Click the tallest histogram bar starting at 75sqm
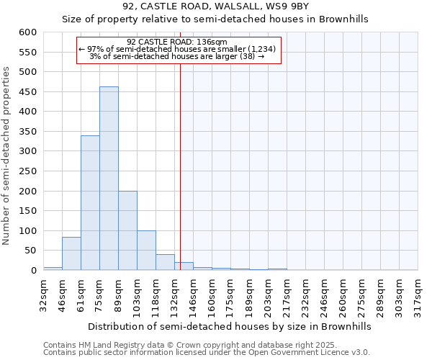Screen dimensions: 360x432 109,179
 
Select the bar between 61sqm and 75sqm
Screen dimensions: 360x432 90,203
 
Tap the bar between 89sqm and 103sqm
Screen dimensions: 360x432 127,230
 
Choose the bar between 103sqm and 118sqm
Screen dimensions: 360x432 146,251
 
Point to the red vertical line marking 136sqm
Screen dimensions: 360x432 180,166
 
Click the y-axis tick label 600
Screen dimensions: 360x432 27,32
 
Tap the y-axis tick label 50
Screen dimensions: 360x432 30,251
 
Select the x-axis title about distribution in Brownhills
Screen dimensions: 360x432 230,326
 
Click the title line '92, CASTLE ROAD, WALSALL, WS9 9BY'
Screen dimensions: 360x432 215,6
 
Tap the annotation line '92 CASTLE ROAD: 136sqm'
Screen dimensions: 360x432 177,42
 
